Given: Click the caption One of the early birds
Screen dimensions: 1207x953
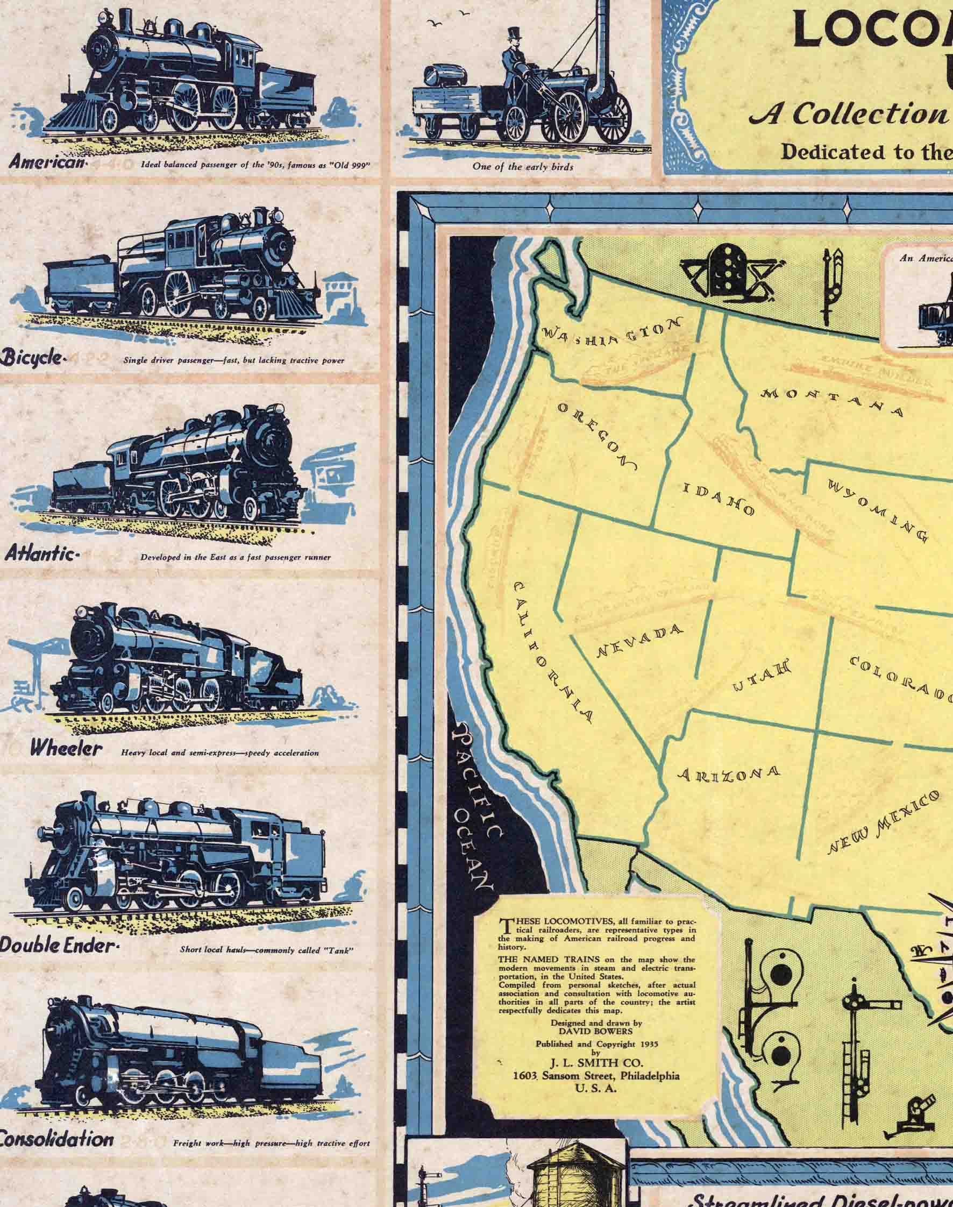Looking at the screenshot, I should point(523,166).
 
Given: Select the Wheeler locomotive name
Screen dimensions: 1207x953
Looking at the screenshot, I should point(66,749).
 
